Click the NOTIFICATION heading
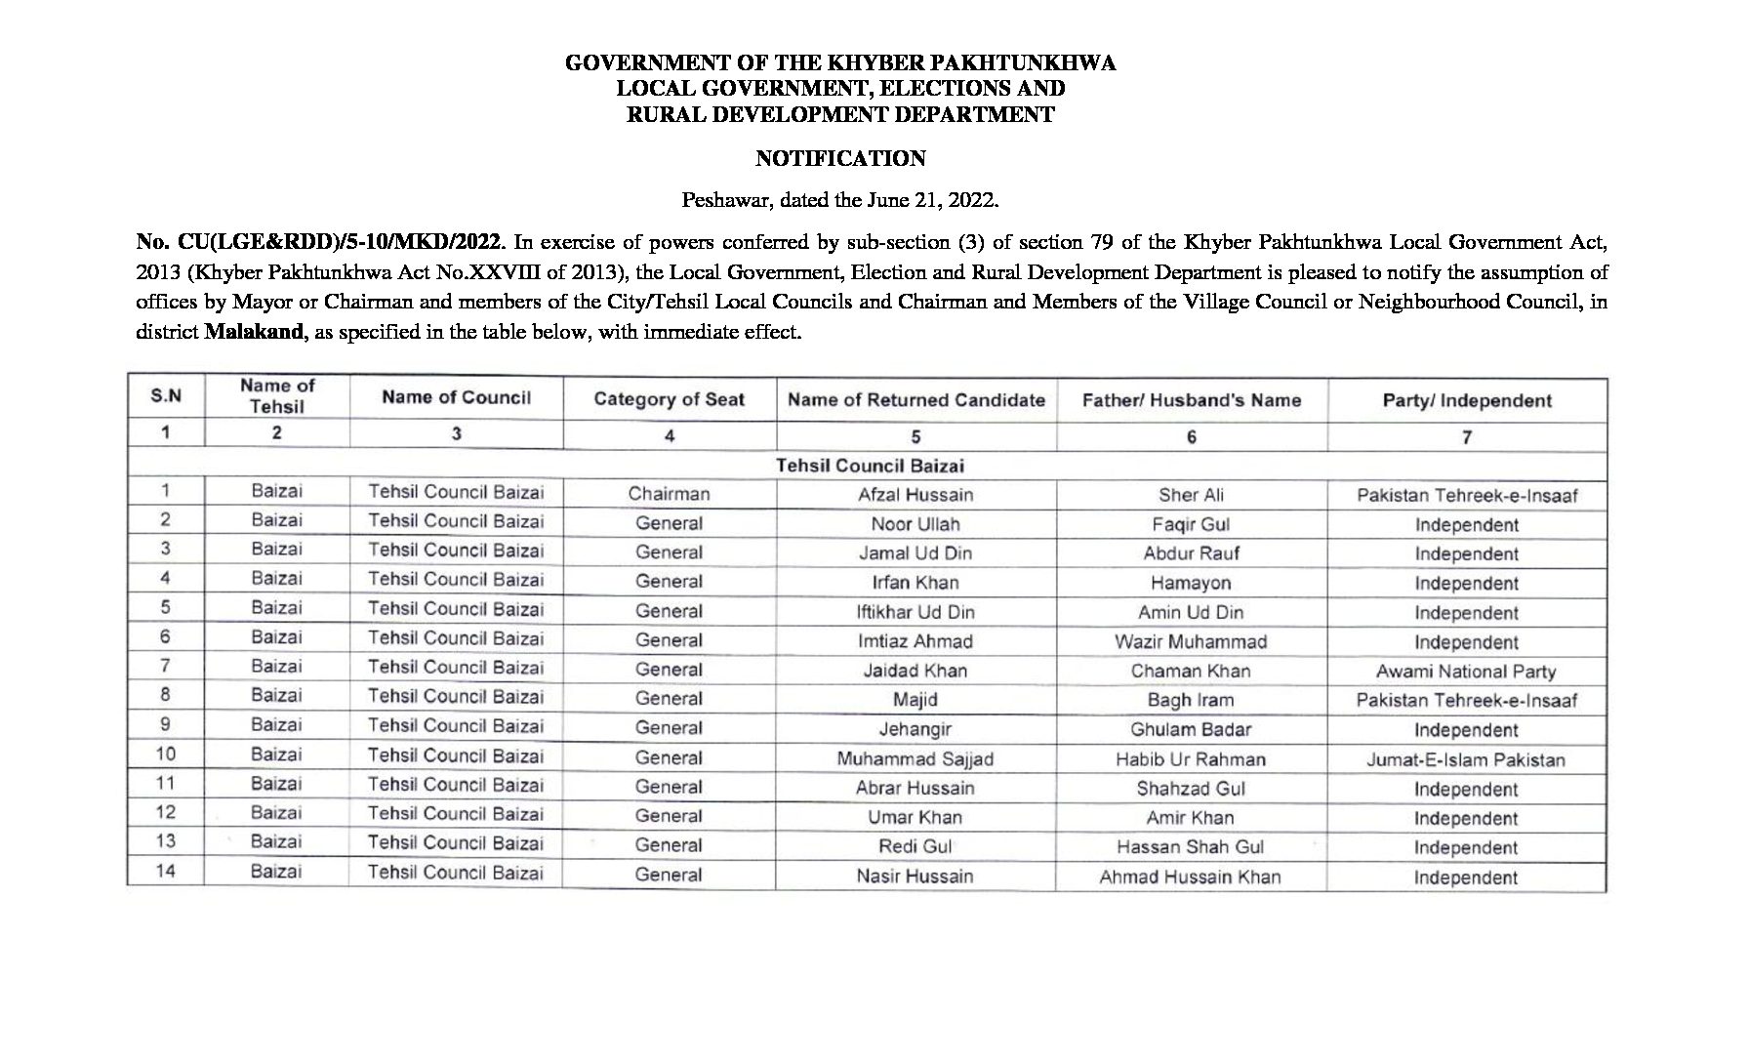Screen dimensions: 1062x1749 (840, 158)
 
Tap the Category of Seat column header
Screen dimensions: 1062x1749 (669, 399)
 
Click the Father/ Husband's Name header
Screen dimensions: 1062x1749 (1191, 400)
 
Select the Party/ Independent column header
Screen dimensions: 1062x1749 (1466, 400)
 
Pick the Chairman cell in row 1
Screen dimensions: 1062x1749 (669, 494)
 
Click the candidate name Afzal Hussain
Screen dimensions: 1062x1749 (915, 495)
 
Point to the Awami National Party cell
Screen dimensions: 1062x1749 (1465, 672)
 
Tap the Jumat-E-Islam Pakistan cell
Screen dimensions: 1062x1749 (1465, 759)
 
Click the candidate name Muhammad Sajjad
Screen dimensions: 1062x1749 (915, 758)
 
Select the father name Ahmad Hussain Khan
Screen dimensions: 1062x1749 (1190, 877)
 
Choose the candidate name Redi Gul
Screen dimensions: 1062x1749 (915, 846)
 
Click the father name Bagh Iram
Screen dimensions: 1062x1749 (1190, 700)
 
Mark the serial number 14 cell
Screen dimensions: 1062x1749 (166, 871)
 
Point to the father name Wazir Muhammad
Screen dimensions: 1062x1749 (1190, 641)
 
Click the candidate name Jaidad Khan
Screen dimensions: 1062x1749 (915, 671)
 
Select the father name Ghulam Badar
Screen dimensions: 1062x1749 (1190, 729)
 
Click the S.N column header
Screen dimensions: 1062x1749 (166, 396)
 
